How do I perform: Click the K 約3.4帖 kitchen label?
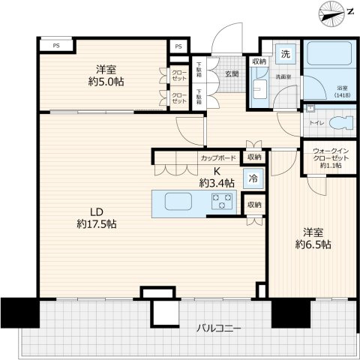[x=216, y=177]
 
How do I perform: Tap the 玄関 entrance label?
[x=231, y=74]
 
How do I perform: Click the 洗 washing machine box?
[x=286, y=54]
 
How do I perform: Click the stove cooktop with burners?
[x=223, y=201]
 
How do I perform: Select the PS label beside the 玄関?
[x=178, y=46]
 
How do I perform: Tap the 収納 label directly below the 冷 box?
[x=254, y=204]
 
